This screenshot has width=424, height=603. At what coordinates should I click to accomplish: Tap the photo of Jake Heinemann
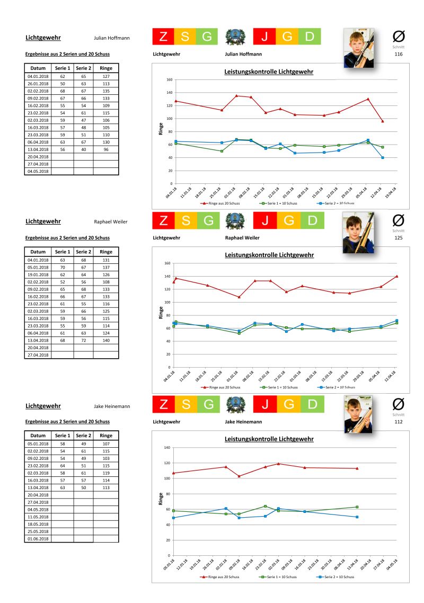click(358, 415)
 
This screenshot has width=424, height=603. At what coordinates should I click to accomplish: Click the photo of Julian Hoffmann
click(358, 48)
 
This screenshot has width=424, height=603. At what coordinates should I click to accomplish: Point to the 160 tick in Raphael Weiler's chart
click(166, 263)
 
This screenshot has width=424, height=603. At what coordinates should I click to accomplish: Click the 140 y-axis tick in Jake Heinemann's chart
click(166, 448)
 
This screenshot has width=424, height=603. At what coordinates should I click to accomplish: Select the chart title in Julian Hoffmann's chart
click(269, 72)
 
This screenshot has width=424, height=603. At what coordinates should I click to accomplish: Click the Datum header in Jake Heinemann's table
click(37, 436)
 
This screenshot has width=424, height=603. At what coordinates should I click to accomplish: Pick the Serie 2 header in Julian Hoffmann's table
click(83, 68)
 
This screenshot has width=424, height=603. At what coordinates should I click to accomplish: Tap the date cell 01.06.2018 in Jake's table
click(37, 538)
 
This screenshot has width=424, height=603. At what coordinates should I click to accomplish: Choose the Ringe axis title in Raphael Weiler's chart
click(161, 313)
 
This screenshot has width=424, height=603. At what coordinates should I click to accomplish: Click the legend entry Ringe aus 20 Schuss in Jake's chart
click(220, 576)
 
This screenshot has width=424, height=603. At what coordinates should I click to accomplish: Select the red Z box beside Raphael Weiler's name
click(163, 220)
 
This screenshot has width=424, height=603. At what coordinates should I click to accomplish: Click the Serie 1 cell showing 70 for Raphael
click(63, 267)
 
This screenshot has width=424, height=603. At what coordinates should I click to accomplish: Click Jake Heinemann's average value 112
click(399, 422)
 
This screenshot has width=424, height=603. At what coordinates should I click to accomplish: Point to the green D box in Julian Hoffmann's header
click(312, 37)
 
